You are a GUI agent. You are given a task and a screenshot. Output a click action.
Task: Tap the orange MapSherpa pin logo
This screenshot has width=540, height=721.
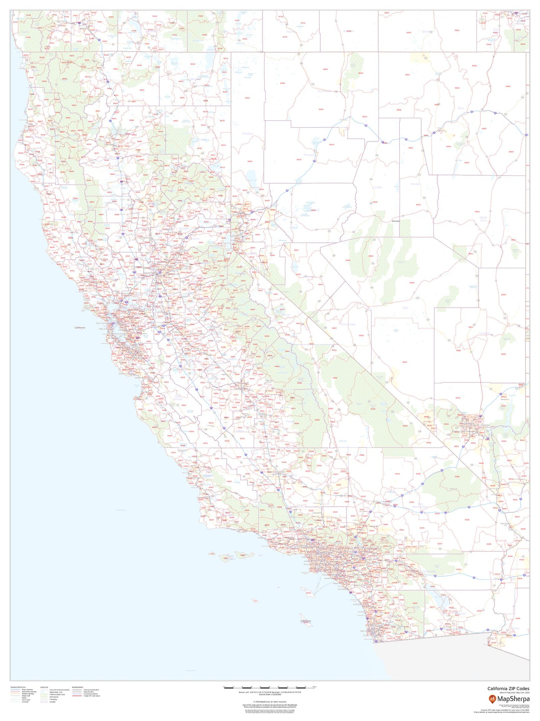[492, 698]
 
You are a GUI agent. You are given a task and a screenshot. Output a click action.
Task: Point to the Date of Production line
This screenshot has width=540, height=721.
[514, 693]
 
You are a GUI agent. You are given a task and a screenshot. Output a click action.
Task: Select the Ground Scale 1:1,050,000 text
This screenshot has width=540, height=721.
[270, 695]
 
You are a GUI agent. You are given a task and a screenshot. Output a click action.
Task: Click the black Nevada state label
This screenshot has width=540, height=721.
[396, 221]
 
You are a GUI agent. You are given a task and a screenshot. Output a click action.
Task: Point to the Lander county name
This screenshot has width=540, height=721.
[377, 187]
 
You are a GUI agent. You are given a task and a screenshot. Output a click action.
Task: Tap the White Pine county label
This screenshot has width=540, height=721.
[483, 219]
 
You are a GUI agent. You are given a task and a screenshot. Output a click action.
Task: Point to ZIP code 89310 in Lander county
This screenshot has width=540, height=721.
[375, 202]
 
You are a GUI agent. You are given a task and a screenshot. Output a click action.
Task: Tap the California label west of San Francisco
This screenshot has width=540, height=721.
[80, 328]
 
